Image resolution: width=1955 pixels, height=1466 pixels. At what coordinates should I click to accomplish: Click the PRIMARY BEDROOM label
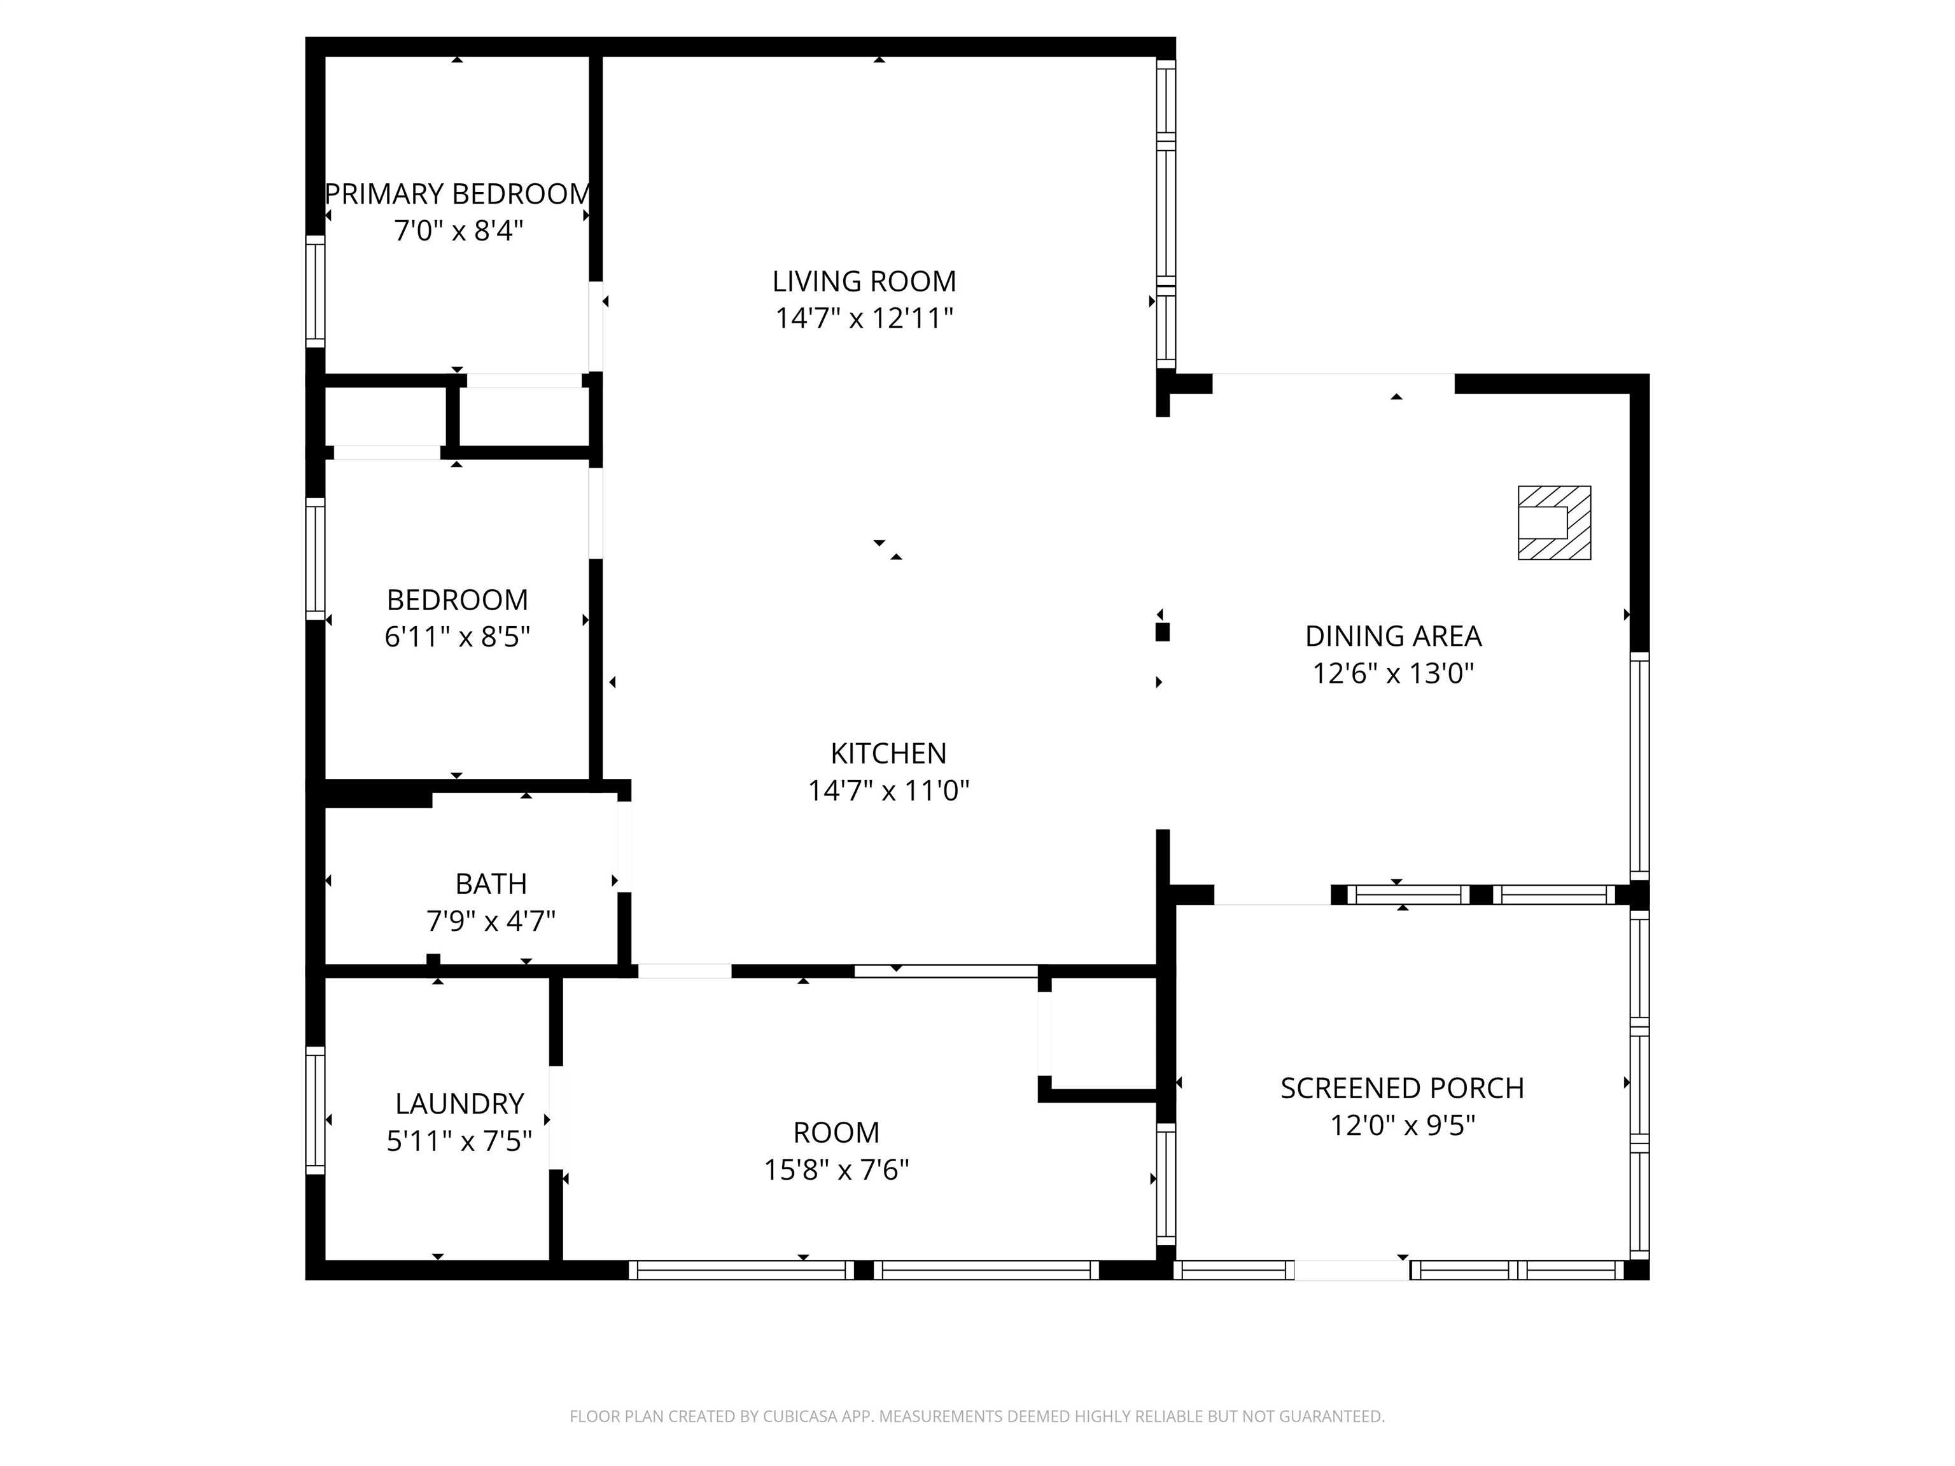tap(458, 193)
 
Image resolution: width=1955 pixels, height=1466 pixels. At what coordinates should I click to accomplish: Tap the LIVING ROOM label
tap(864, 281)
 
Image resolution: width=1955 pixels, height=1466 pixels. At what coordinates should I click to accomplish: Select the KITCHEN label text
tap(888, 753)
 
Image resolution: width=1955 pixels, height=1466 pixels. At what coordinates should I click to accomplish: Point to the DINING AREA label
tap(1393, 636)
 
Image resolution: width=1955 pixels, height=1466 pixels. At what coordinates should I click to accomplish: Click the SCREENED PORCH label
tap(1403, 1088)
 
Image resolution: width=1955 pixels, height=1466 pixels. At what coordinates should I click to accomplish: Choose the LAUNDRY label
tap(459, 1104)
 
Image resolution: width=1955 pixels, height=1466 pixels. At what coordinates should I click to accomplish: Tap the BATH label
tap(491, 884)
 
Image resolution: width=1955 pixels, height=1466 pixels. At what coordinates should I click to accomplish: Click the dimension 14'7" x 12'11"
tap(864, 318)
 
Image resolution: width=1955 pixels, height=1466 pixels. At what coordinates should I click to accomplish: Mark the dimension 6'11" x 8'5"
tap(458, 637)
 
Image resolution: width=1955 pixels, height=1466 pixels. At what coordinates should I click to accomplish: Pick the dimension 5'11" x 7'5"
tap(459, 1141)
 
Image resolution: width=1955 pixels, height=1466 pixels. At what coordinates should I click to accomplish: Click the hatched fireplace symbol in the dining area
tap(1555, 523)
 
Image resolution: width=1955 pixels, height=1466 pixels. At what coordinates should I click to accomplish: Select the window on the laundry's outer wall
tap(316, 1111)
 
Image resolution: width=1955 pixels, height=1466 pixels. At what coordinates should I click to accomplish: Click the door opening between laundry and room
tap(556, 1118)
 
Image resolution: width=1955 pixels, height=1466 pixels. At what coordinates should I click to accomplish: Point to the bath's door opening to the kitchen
tap(624, 846)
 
